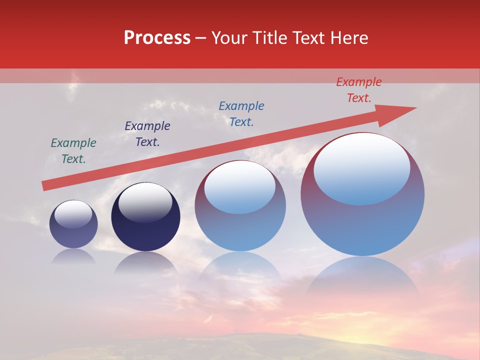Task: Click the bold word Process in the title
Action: pyautogui.click(x=157, y=38)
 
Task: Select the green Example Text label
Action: pyautogui.click(x=73, y=151)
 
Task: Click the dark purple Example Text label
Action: pyautogui.click(x=147, y=134)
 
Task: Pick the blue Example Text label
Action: pyautogui.click(x=241, y=114)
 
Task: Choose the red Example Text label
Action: pyautogui.click(x=359, y=90)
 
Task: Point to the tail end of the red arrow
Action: pyautogui.click(x=46, y=185)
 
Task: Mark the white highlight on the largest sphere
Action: pyautogui.click(x=362, y=167)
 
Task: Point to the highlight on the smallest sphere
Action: pyautogui.click(x=73, y=214)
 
